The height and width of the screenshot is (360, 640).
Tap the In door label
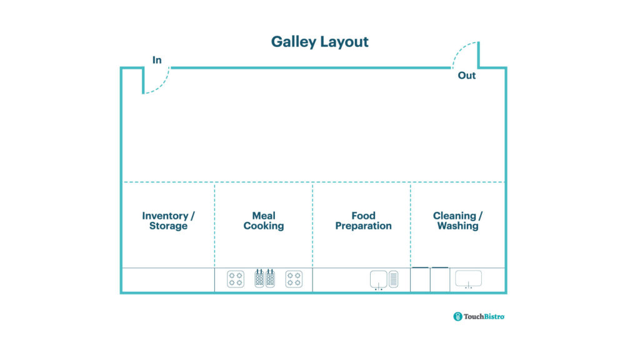click(157, 60)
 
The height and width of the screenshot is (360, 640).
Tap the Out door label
click(467, 76)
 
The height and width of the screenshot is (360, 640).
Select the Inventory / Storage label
click(168, 221)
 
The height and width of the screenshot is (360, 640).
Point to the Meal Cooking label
click(263, 221)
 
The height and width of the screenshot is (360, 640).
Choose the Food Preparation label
click(363, 221)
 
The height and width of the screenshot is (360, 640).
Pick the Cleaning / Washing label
click(457, 221)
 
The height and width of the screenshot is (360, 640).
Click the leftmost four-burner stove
click(236, 279)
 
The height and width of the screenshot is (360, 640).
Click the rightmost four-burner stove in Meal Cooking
click(294, 279)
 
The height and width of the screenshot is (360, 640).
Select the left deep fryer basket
click(259, 278)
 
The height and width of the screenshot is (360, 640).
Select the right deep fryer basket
click(270, 278)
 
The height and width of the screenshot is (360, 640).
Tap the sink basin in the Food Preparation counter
click(378, 278)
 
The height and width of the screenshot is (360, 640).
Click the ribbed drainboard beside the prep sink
click(394, 279)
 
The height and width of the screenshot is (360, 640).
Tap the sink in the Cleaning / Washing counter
click(468, 278)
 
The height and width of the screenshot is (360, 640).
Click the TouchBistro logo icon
click(457, 316)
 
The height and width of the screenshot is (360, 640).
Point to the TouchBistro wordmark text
click(484, 316)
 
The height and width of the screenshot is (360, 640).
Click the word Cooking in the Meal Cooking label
click(263, 226)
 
